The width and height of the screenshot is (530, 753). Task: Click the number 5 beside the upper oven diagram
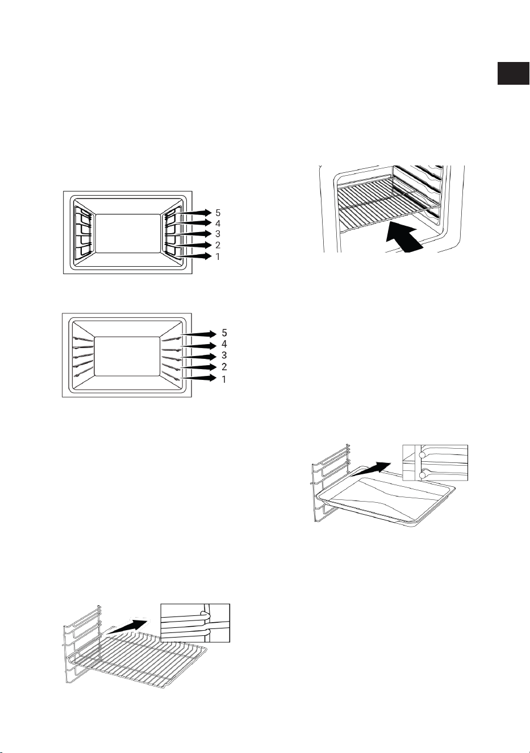218,213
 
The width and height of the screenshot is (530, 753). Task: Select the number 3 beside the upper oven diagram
218,234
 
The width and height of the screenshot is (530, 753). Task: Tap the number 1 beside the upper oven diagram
218,256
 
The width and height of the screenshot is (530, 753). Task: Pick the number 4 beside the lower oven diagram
224,344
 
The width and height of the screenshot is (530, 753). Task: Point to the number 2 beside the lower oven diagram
224,366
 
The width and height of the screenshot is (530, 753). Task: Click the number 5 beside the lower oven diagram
224,333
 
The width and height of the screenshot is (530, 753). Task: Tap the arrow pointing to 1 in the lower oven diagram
199,378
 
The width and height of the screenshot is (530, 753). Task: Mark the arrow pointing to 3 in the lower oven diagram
199,356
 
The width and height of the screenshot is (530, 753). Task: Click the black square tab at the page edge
513,73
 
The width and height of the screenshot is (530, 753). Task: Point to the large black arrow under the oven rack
403,239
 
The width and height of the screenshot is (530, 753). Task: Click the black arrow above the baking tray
370,469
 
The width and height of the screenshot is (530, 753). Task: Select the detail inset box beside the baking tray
435,463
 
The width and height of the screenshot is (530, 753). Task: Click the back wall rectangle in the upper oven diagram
127,233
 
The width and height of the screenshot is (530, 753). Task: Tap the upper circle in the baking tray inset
423,455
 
